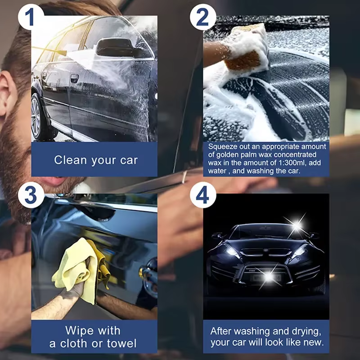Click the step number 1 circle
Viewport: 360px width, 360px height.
[31, 17]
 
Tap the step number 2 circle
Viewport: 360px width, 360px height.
[203, 17]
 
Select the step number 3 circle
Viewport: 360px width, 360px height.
[31, 195]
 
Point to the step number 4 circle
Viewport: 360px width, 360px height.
[203, 195]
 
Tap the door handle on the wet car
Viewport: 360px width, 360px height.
[74, 78]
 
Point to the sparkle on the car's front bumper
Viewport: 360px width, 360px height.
[269, 277]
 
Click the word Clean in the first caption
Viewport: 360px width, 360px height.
[71, 160]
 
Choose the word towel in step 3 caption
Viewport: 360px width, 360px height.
[121, 343]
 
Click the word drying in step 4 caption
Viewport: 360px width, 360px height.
[306, 331]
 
